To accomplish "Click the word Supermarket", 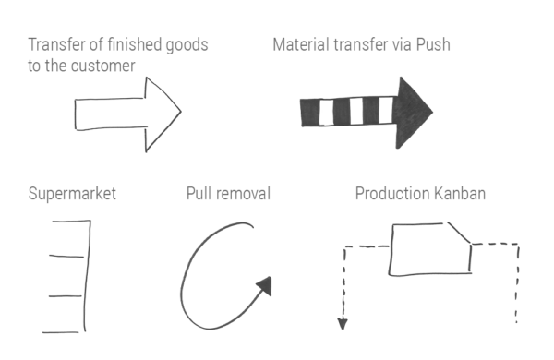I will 72,194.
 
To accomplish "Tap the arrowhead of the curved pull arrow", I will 264,285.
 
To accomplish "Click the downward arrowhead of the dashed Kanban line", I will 342,322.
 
